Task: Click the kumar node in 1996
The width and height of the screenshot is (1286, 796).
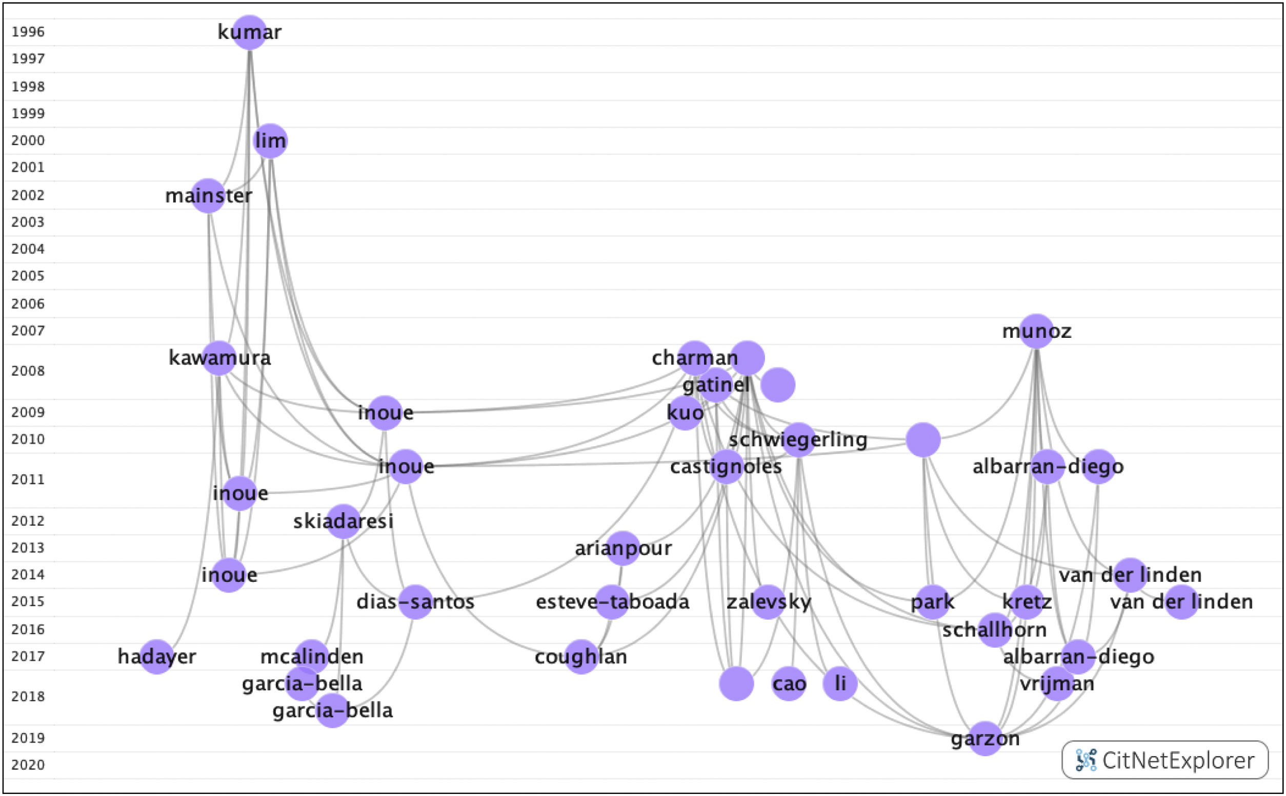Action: (x=249, y=32)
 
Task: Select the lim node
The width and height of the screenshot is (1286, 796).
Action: (x=270, y=141)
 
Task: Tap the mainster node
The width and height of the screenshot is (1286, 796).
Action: (x=208, y=196)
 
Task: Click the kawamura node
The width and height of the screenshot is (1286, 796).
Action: (x=218, y=358)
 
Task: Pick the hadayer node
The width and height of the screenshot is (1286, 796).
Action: (x=157, y=657)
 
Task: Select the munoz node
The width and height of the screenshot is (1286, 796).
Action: (x=1036, y=331)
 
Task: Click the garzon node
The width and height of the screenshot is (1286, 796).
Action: (x=985, y=739)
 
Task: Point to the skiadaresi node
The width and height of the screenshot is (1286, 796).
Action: (x=344, y=521)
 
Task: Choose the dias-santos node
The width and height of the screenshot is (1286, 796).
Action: (x=415, y=601)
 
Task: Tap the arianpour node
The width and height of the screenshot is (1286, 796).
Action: (x=623, y=548)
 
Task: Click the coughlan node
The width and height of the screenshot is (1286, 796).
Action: (x=581, y=657)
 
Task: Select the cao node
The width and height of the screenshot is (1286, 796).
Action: (x=789, y=683)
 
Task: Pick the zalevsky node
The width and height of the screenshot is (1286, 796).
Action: (x=768, y=601)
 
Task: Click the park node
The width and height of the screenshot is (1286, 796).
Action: (x=933, y=601)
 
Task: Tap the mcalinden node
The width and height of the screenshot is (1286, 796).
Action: (x=312, y=657)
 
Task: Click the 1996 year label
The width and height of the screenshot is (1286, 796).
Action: (x=28, y=32)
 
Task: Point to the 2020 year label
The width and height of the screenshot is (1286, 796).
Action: (x=28, y=764)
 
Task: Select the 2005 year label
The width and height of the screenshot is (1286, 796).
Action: (x=28, y=276)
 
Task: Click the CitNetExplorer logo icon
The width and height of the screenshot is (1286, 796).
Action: (x=1086, y=760)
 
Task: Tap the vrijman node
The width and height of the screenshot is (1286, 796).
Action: (x=1057, y=683)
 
